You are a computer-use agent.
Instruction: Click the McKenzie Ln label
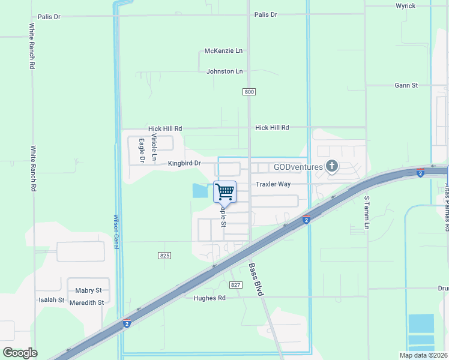[223, 51]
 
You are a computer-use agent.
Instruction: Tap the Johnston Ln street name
[224, 71]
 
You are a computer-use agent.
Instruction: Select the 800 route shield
[250, 92]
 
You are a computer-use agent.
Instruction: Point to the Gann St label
[406, 85]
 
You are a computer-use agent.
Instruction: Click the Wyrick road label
[405, 5]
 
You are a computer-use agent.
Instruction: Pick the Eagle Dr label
[142, 151]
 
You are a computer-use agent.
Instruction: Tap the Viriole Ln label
[154, 148]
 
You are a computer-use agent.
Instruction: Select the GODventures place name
[298, 167]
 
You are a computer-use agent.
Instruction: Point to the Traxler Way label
[273, 184]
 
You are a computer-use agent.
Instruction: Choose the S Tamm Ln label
[367, 212]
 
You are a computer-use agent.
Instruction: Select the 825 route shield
[166, 256]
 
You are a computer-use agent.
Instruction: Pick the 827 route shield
[235, 284]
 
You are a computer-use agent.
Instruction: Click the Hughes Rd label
[209, 298]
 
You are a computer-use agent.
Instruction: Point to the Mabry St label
[89, 290]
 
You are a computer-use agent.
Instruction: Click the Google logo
[20, 353]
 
